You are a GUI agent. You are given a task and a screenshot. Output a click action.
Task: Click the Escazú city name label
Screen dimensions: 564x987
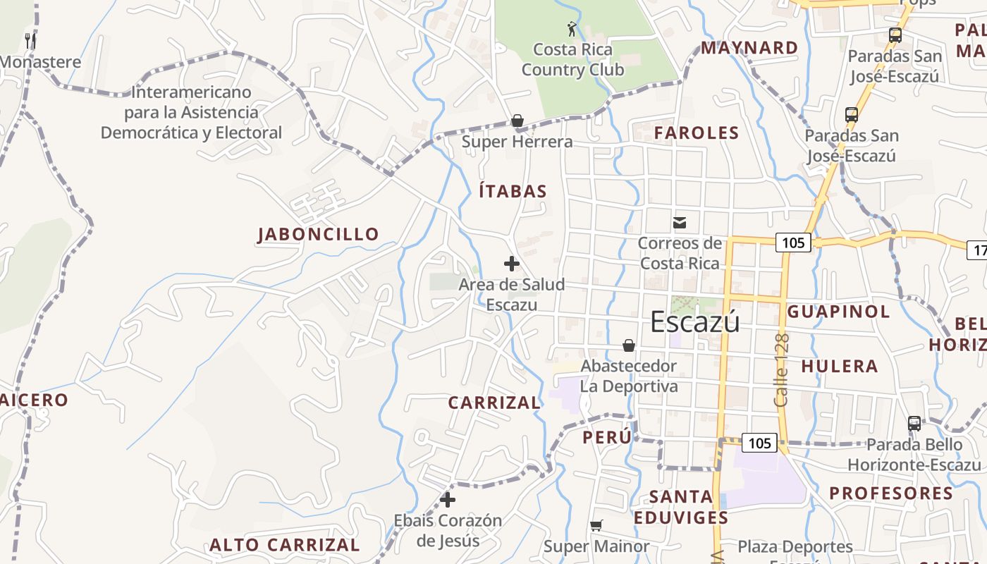(694, 321)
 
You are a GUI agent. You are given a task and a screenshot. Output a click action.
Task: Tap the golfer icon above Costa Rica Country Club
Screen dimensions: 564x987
(572, 29)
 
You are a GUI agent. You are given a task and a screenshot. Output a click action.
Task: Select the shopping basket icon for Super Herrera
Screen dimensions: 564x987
(517, 121)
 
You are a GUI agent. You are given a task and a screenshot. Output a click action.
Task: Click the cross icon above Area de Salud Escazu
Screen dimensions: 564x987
(512, 264)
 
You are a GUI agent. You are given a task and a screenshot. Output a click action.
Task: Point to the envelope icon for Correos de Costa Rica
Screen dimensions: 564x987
(680, 223)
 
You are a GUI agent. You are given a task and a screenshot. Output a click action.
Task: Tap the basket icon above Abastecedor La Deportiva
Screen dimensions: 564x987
(628, 345)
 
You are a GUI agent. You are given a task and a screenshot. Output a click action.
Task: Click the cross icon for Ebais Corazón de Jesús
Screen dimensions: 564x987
(448, 500)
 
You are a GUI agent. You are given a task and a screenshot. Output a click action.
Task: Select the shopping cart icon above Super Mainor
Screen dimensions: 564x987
(596, 525)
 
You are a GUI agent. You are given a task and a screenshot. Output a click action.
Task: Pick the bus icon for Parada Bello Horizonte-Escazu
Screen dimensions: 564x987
(914, 424)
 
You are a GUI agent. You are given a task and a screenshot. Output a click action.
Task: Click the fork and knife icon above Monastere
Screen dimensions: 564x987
(30, 40)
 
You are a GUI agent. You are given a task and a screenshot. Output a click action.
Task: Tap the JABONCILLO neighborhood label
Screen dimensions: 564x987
(318, 234)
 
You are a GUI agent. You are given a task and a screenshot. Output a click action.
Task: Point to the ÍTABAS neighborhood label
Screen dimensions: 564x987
(513, 191)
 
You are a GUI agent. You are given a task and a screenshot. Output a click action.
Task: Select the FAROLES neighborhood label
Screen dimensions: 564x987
(697, 133)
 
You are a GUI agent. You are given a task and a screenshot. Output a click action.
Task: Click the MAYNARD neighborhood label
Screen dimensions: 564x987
(749, 48)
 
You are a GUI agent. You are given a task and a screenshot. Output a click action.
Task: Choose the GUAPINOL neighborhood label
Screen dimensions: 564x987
(838, 312)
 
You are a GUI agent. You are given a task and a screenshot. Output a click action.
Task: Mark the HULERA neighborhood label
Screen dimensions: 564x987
(840, 366)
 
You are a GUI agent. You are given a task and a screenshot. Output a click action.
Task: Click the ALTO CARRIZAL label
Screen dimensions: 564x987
(285, 545)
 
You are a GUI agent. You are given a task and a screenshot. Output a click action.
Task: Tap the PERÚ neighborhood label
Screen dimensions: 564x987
(607, 437)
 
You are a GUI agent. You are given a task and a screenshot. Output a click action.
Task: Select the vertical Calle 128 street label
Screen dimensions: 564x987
(781, 370)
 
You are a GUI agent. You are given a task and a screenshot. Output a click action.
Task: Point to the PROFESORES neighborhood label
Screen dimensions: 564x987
(891, 493)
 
